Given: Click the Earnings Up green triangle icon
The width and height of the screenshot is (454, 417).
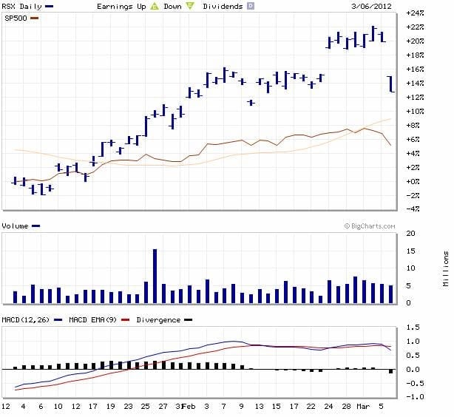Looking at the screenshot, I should pos(155,6).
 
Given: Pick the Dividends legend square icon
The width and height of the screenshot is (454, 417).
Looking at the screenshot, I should pos(250,6).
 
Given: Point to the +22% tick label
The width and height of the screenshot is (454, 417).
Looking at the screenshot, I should pos(414,27).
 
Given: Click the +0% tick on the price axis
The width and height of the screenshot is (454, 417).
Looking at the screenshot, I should pos(415,181).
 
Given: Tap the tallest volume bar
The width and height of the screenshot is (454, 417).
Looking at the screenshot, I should pos(155,276).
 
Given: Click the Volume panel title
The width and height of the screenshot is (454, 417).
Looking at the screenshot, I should pos(16,226).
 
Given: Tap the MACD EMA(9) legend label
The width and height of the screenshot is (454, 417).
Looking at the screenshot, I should pos(91,319).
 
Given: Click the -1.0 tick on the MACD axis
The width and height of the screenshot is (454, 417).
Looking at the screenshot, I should pos(415,397).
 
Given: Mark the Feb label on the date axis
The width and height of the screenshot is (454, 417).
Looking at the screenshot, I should pos(189,406).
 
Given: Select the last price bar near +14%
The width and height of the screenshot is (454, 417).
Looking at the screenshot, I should pos(392,84).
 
